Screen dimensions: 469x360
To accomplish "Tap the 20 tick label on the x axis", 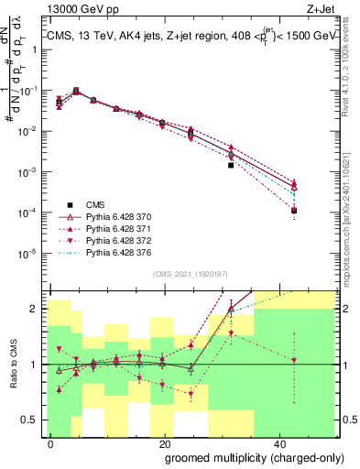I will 162,442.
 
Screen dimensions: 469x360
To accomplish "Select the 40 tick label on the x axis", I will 275,442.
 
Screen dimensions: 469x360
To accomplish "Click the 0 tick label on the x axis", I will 51,442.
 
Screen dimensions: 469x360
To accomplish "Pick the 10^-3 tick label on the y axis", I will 31,172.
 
